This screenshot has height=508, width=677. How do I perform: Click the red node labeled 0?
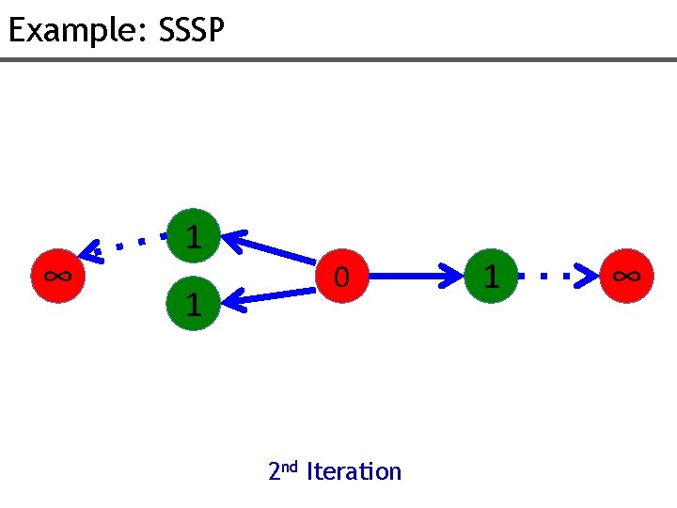[342, 277]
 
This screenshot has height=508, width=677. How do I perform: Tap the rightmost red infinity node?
[625, 277]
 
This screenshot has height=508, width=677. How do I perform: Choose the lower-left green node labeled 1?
[193, 304]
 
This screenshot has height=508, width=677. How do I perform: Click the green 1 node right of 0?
[489, 277]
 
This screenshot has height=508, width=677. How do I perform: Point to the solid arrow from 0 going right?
[414, 277]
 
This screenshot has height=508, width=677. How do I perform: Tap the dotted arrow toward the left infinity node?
[127, 245]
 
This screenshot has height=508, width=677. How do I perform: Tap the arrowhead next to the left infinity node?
[92, 252]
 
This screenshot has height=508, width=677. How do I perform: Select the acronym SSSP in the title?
[192, 31]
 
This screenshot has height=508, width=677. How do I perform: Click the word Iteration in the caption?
[354, 470]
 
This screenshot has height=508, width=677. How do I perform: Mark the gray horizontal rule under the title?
[338, 60]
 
